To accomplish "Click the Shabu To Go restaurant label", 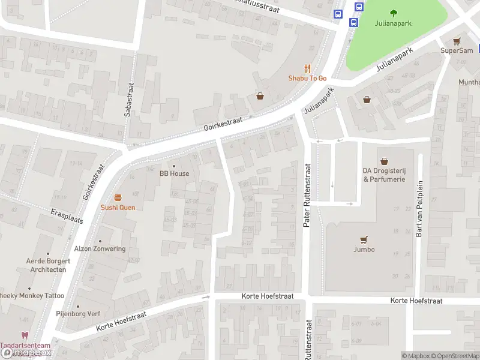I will [x=307, y=78].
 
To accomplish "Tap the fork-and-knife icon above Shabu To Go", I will [x=307, y=68].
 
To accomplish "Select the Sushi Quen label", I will [x=118, y=208].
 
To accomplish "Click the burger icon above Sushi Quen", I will [x=118, y=197].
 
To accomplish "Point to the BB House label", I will [x=174, y=173].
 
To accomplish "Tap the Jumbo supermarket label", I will [x=364, y=249].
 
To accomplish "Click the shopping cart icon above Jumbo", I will [x=364, y=239].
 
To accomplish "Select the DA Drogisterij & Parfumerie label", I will [x=384, y=175].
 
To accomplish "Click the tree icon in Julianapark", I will [x=394, y=13].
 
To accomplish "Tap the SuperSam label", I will [x=457, y=50].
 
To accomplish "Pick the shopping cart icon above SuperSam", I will [x=457, y=41].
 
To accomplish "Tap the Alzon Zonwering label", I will [x=100, y=248].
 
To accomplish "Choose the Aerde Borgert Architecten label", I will [x=48, y=265].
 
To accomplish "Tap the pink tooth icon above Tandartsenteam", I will [x=25, y=336].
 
